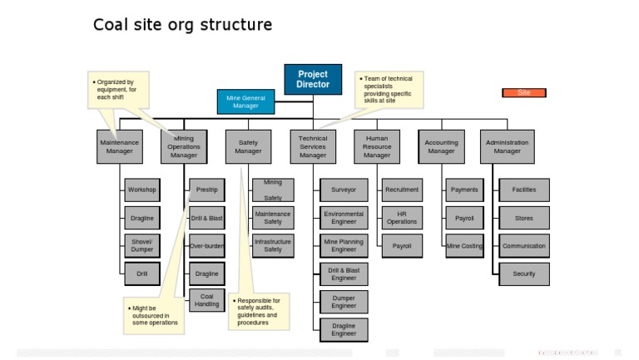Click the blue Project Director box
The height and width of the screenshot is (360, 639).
point(313,80)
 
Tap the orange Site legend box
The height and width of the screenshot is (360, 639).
point(523,93)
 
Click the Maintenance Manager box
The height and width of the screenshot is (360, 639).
point(119,147)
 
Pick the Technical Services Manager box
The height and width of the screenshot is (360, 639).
point(313,147)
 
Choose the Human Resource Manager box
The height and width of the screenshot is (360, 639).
point(377,147)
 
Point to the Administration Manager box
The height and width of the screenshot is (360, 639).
point(507,147)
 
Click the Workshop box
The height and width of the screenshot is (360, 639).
point(141,190)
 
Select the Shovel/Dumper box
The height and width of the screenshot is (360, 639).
point(141,246)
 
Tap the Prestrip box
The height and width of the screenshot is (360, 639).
point(207,190)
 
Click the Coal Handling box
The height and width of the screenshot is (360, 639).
point(207,300)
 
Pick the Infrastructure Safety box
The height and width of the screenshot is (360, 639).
point(273,246)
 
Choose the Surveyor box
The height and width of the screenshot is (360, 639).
point(344,190)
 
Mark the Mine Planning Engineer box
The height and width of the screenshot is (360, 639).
point(344,246)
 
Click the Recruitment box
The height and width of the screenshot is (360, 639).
point(402,190)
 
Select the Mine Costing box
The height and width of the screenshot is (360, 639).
point(464,246)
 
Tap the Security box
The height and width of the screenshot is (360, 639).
point(524,274)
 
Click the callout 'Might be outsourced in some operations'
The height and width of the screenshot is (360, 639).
point(153,316)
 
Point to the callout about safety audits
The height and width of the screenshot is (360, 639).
point(258,311)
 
